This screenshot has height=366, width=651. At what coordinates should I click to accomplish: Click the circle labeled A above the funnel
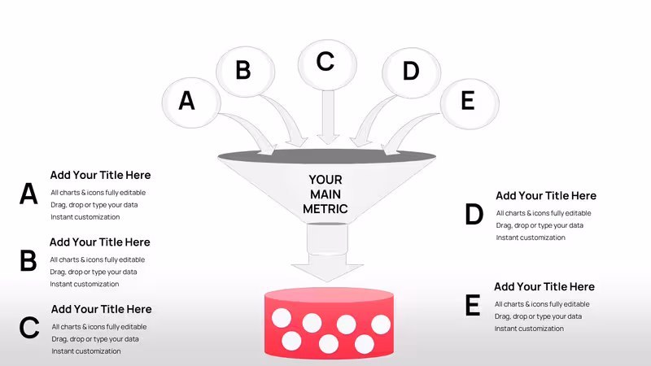click(191, 102)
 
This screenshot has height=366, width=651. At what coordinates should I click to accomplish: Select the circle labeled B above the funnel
click(246, 72)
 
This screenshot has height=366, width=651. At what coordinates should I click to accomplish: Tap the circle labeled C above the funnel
click(327, 65)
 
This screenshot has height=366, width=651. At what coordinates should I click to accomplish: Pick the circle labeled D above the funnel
click(412, 72)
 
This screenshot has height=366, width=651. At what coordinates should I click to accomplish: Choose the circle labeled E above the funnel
click(470, 104)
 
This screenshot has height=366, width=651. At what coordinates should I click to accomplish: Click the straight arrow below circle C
click(328, 117)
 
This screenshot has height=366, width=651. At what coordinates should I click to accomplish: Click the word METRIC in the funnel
click(325, 209)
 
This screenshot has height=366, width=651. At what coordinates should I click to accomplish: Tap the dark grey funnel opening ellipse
click(327, 156)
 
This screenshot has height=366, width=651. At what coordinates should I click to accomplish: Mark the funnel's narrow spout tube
click(327, 238)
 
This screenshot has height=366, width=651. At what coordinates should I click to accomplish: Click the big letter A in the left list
click(28, 194)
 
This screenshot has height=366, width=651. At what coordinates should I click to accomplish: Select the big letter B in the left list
click(28, 260)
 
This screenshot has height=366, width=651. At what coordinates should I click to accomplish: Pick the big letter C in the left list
click(29, 328)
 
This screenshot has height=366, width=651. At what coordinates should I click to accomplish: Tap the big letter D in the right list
click(474, 214)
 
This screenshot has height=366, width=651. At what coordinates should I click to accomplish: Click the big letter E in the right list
click(473, 306)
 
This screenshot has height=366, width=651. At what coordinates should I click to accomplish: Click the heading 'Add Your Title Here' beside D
click(546, 195)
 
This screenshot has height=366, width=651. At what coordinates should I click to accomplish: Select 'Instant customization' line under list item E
click(529, 329)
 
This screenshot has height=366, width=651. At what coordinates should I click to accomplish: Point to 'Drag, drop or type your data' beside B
click(94, 272)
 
